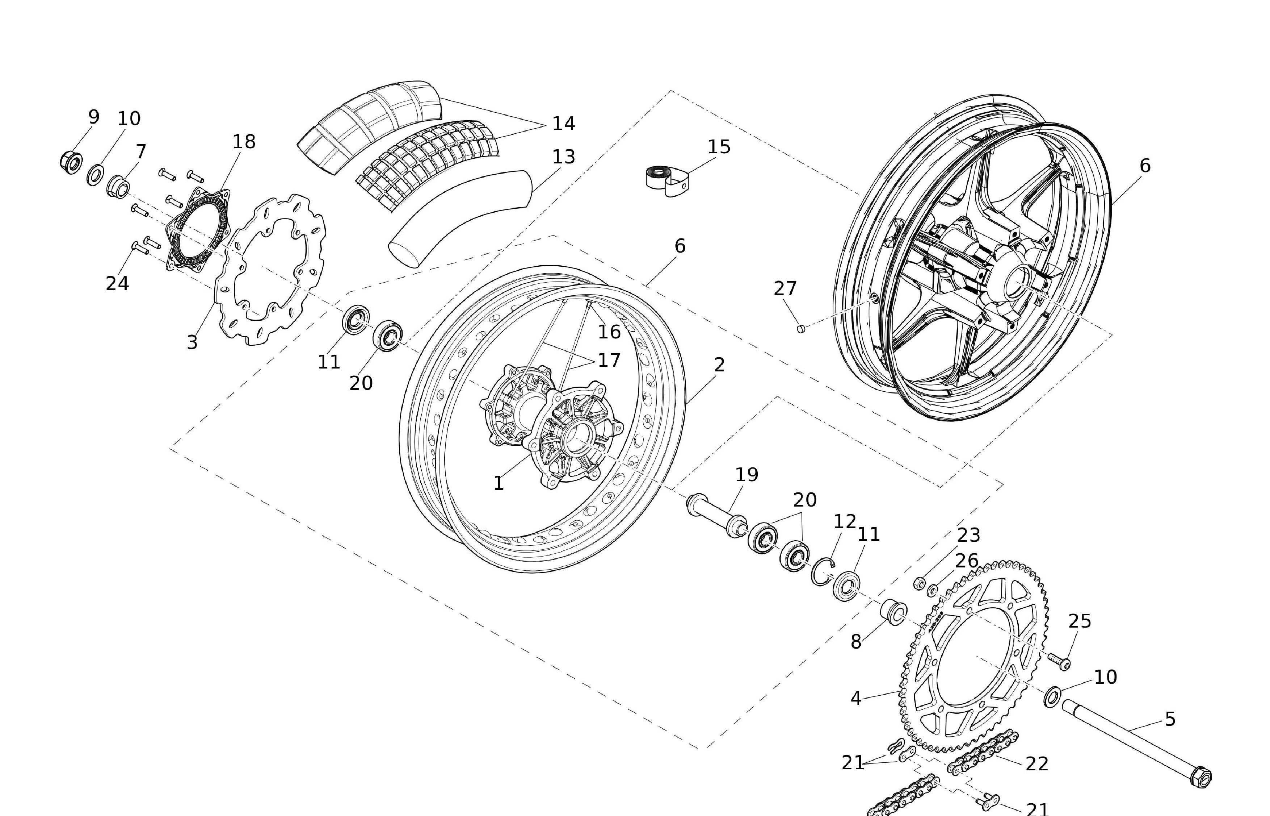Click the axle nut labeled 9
pos(70,160)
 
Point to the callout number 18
pos(244,141)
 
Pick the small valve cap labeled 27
pos(801,329)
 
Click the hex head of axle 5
pos(1200,777)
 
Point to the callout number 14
pos(563,124)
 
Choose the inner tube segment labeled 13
pos(461,217)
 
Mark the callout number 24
pos(117,283)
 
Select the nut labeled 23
pos(919,583)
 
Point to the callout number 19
pos(747,474)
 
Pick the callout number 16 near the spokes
pos(609,332)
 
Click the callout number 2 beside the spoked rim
pos(719,365)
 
